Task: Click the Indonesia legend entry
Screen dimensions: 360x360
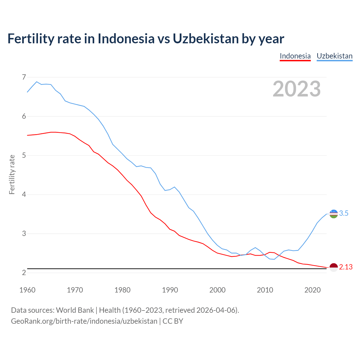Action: (295, 56)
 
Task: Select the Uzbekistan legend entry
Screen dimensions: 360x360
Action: (334, 56)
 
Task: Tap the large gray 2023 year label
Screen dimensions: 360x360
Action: (297, 89)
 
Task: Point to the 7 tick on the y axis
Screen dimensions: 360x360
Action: (24, 77)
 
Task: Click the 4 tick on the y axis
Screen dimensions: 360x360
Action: (24, 194)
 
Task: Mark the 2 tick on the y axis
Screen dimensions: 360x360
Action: (24, 273)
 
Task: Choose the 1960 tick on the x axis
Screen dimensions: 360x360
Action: (27, 290)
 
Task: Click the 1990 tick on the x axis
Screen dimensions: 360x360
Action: (170, 290)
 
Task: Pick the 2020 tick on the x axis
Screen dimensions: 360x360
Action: (312, 290)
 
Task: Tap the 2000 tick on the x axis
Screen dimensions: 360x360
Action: (217, 290)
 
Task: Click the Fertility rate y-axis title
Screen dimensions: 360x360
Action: (12, 174)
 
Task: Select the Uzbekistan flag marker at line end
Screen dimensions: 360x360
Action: (334, 214)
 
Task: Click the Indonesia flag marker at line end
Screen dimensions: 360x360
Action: (334, 267)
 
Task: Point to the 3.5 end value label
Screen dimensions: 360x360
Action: (344, 213)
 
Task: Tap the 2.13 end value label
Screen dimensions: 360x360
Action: (346, 267)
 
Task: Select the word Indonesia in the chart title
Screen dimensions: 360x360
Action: (126, 39)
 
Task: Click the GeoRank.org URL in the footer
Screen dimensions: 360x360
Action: (84, 321)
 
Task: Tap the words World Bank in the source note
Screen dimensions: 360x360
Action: (75, 310)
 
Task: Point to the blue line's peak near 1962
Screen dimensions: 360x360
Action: (37, 82)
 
